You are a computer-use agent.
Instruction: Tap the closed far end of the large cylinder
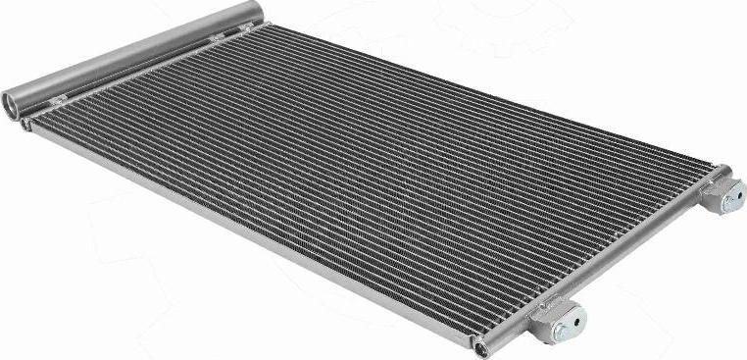tap(257, 12)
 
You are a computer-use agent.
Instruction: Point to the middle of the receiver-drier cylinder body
tap(137, 54)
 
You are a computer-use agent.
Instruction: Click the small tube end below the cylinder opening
tap(25, 124)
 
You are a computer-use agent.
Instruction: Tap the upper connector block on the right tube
tap(722, 193)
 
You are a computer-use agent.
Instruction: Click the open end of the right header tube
tap(480, 347)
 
